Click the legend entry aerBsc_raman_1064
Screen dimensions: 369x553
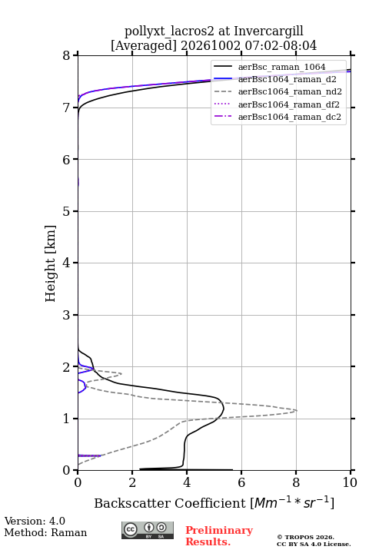281,67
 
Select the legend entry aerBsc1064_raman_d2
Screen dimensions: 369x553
287,79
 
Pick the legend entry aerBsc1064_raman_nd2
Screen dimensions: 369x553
290,91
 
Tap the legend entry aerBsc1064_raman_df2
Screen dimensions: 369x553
288,104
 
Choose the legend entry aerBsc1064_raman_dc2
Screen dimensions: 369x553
290,117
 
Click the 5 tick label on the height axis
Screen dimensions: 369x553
66,211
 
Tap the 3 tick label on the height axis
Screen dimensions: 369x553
66,315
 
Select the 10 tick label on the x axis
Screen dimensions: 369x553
350,482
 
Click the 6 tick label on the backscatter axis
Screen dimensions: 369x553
241,482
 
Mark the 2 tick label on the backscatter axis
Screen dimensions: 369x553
132,482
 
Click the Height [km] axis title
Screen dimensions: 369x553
51,263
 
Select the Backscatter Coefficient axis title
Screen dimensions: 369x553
214,503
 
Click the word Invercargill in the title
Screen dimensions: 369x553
269,31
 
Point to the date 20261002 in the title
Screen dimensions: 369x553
211,45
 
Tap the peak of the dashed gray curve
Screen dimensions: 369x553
297,410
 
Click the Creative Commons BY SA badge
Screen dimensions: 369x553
148,530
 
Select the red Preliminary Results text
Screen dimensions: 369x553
219,536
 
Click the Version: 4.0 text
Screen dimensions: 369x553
35,521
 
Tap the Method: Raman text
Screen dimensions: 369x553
45,532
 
